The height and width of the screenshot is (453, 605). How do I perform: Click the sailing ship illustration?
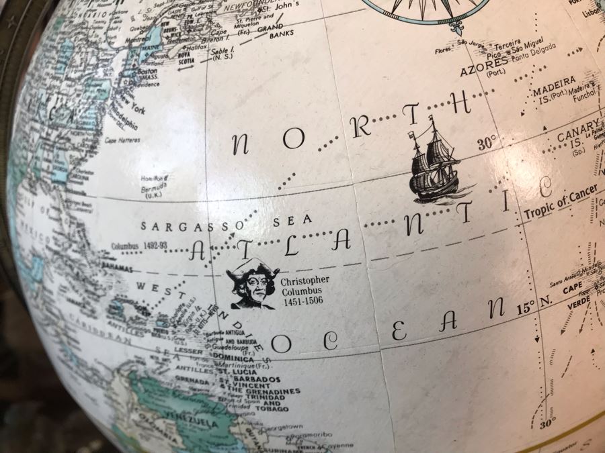434,161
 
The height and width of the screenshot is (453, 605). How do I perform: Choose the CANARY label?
577,133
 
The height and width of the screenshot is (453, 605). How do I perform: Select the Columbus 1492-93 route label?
137,246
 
